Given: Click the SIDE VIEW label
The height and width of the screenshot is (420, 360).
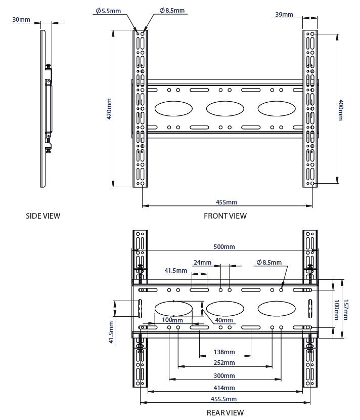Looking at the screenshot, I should [43, 216].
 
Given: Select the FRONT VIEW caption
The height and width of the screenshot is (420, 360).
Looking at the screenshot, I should [225, 216].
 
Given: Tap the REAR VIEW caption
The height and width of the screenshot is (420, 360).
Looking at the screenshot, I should [225, 413].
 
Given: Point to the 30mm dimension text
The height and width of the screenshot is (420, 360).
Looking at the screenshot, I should [21, 20].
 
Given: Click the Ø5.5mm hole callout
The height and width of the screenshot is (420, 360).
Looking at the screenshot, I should [109, 10].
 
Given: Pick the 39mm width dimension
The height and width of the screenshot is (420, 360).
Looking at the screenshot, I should [284, 15].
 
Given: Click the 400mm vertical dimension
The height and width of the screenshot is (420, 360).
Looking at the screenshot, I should [341, 110].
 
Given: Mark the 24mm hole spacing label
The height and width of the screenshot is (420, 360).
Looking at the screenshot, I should [202, 263].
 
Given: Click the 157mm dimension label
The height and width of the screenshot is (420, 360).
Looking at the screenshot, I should [346, 307].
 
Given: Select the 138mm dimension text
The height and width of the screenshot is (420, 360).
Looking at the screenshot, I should [224, 352].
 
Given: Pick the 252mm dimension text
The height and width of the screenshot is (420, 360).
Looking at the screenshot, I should [224, 363].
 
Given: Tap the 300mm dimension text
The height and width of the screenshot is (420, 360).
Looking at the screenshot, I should [224, 376].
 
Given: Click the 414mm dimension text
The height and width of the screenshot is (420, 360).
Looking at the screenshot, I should [224, 388].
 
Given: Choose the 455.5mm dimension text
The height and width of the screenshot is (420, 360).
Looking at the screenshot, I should [224, 400].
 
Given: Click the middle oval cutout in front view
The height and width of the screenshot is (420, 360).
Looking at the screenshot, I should [224, 109].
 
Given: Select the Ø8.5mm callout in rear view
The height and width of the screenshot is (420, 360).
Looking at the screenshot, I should [268, 263].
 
